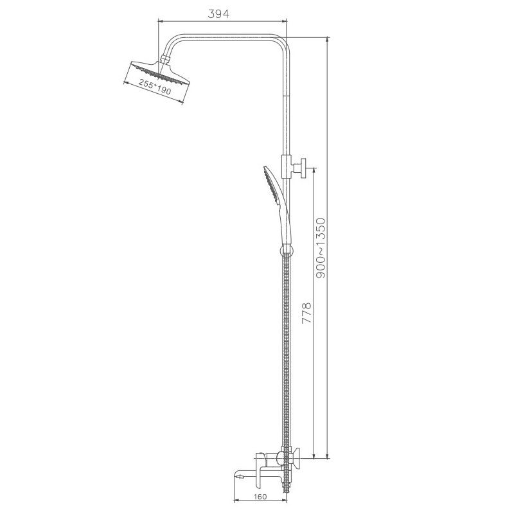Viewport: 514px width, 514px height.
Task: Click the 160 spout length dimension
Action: point(260,496)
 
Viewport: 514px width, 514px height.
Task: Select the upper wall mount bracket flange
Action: point(302,170)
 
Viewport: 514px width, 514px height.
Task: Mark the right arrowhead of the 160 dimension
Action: point(285,500)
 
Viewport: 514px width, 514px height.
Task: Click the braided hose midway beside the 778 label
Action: point(287,315)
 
